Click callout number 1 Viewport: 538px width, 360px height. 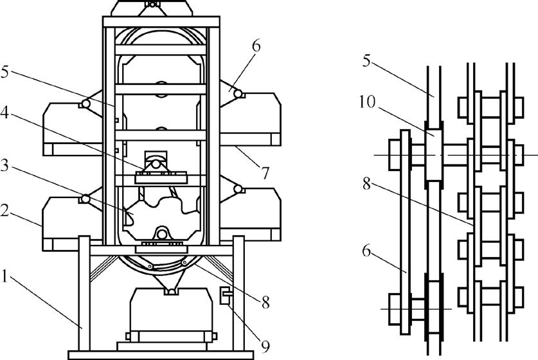[x=4, y=276]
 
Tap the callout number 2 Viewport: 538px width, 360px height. [x=4, y=210]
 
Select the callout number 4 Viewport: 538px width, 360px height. [x=4, y=113]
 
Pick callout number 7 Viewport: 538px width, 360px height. [x=265, y=173]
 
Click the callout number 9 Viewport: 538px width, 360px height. [x=265, y=346]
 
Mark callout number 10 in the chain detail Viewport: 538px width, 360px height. [x=368, y=102]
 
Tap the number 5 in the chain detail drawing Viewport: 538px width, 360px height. [x=366, y=60]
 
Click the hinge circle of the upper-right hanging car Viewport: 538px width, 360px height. [x=237, y=93]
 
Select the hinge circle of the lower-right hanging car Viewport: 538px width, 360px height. [x=237, y=189]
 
